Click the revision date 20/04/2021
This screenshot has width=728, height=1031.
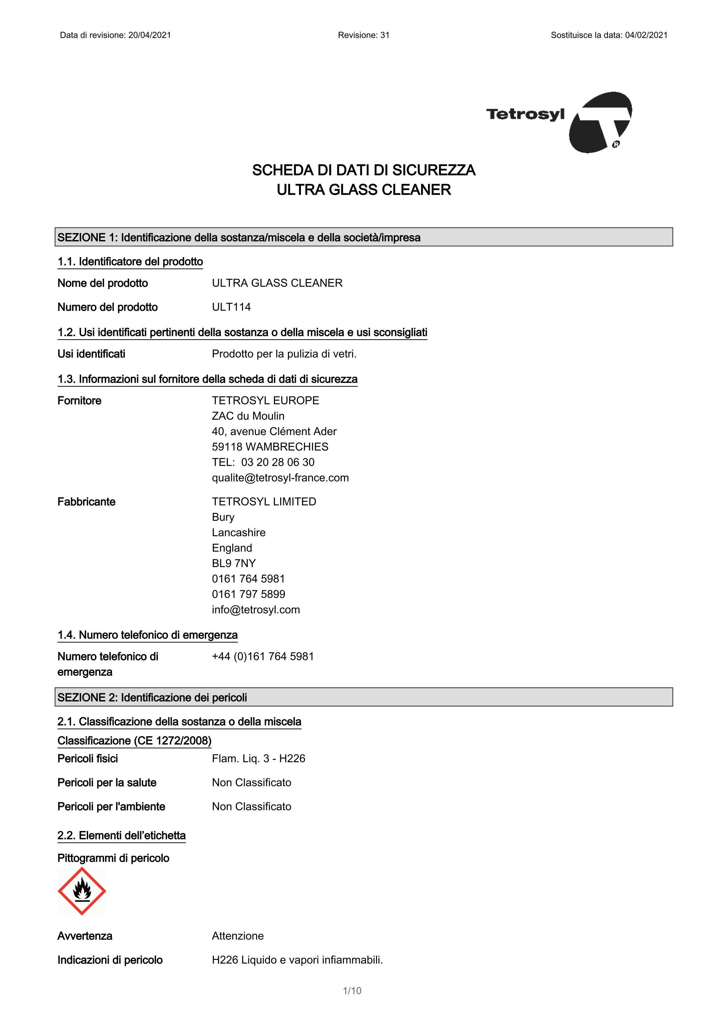click(x=149, y=35)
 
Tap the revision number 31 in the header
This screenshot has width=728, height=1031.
click(x=385, y=35)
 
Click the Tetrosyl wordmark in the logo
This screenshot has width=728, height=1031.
click(x=525, y=114)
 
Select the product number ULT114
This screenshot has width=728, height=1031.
click(x=231, y=307)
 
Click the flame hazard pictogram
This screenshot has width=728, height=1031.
click(x=82, y=891)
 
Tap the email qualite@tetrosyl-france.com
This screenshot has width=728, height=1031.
click(x=280, y=478)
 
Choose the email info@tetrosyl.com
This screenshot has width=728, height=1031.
click(x=256, y=610)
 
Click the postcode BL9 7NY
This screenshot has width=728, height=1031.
click(x=234, y=564)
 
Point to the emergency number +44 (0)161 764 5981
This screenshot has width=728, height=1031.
click(x=263, y=656)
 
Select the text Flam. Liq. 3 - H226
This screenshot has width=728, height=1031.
click(x=259, y=759)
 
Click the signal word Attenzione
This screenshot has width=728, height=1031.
click(x=238, y=936)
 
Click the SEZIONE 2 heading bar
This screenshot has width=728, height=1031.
click(x=364, y=697)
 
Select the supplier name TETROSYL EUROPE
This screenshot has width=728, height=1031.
click(x=265, y=401)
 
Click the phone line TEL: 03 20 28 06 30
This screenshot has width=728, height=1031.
click(x=263, y=462)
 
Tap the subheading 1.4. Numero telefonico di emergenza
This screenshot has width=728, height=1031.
click(x=147, y=635)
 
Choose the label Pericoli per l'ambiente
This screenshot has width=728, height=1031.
click(x=111, y=807)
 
